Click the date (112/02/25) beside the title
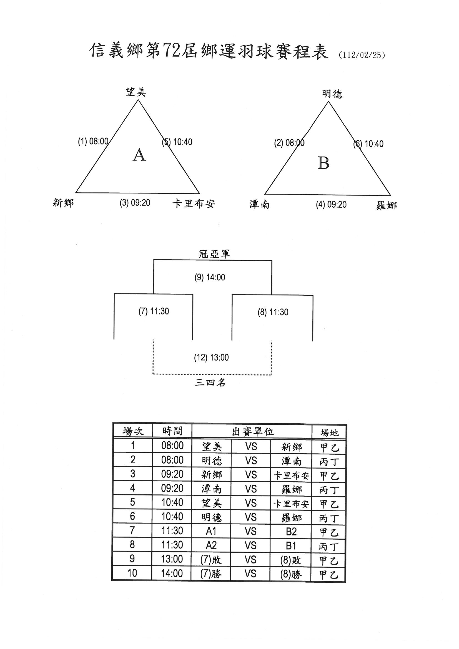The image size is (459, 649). pos(362,55)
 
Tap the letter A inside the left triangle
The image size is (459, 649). pos(139,155)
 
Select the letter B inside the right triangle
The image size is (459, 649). pos(323,163)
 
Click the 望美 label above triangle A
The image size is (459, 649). pos(136,92)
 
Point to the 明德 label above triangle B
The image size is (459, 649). pos(332,94)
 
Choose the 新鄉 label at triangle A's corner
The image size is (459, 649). pos(63,203)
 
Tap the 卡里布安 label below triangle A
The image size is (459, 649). pos(194,203)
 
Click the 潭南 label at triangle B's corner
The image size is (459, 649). pos(259,204)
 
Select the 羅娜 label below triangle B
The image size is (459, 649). pos(387,205)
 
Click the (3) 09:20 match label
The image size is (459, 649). pos(135,203)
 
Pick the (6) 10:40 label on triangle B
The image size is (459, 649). pos(368,144)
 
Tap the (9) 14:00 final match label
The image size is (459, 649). pos(210,277)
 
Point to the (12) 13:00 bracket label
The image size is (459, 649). pos(211,357)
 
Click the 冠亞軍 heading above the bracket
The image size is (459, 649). pos(214,254)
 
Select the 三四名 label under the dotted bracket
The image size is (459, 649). pos(210,383)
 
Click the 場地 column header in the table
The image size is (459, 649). pos(329,432)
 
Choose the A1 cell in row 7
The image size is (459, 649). pos(211,531)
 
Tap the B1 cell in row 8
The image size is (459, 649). pos(291,545)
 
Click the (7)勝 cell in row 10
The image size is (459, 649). pos(211,574)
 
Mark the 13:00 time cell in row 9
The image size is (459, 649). pos(172,559)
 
